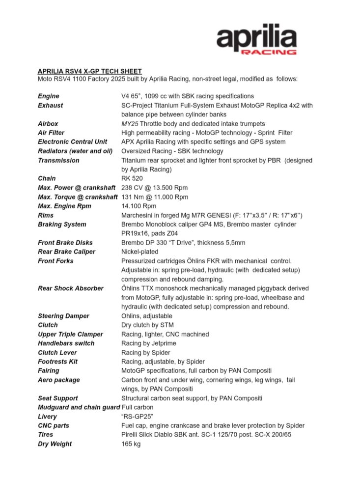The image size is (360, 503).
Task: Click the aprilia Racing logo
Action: coord(256,39)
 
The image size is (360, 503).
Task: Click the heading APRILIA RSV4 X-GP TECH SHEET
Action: coord(90,71)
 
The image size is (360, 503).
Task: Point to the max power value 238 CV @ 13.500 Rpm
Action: coord(154,188)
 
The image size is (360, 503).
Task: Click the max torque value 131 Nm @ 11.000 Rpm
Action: coord(154,197)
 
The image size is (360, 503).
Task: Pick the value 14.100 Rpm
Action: coord(139,206)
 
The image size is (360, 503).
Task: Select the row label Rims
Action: coord(47,215)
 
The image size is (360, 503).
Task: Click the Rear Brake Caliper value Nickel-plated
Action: coord(140,251)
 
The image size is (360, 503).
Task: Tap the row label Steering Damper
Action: coord(63,316)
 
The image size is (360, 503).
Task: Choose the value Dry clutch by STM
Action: coord(147,325)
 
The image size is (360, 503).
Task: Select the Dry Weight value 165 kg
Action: coord(131,444)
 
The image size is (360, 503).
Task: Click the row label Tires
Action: coord(46,435)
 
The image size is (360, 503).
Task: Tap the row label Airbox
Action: coord(48,124)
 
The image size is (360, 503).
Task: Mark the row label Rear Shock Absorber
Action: coord(71,288)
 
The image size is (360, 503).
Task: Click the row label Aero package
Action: coord(58,380)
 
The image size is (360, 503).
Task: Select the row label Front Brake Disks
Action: coord(65,243)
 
